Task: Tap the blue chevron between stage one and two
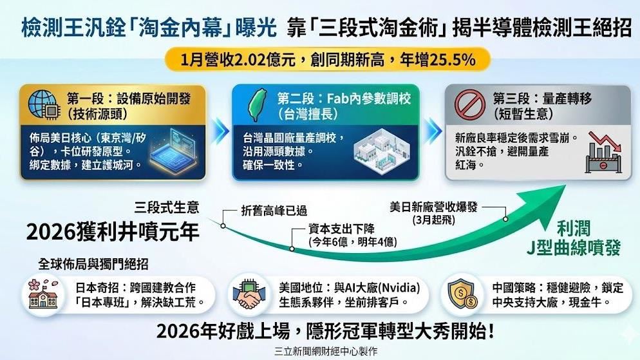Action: pyautogui.click(x=221, y=131)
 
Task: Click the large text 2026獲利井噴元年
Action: pyautogui.click(x=113, y=231)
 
